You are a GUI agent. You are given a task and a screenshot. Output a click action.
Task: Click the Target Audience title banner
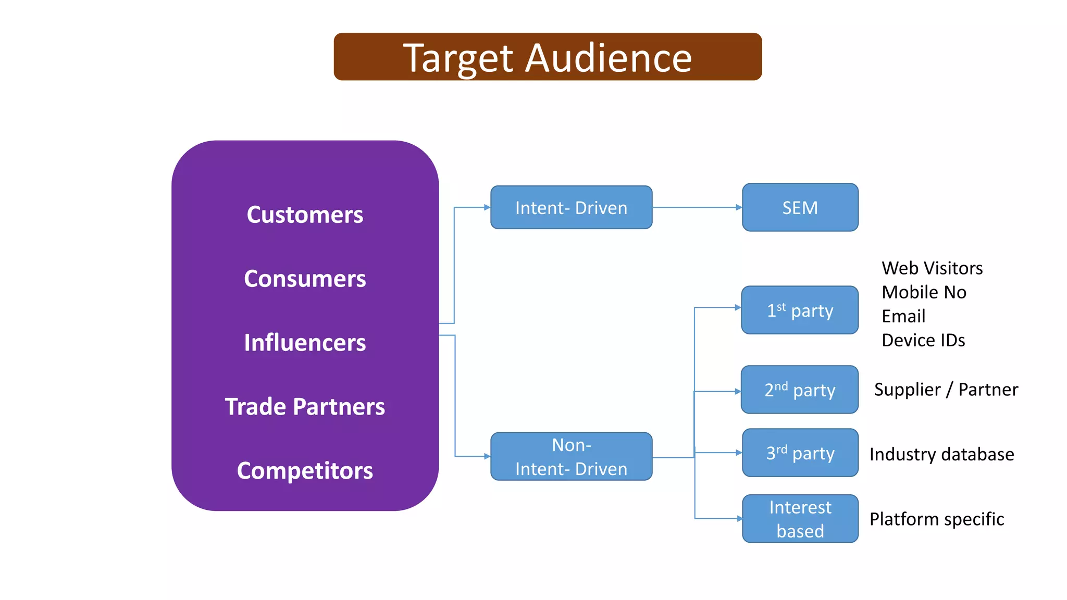pos(548,57)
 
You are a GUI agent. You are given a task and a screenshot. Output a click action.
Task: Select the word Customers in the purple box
pos(305,215)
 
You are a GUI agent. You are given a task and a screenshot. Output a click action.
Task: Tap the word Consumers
pos(305,279)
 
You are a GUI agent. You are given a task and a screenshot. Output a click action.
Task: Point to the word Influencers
pos(305,343)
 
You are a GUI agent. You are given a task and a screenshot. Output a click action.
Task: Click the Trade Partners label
pos(305,407)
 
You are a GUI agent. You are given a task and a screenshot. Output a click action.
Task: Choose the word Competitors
pos(305,471)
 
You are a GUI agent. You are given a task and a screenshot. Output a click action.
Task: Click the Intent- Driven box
pos(571,207)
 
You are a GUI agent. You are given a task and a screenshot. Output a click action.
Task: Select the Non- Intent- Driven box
pos(571,456)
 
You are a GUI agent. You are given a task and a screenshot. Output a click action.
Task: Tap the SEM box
pos(800,207)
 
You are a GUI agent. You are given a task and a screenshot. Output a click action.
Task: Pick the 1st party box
pos(800,310)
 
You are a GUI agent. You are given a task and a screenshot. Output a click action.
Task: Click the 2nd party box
pos(800,390)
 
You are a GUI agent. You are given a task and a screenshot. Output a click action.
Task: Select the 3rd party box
pos(800,453)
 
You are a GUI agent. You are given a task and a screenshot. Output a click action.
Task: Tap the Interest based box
pos(800,519)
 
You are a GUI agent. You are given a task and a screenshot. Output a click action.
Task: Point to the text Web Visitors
pos(932,268)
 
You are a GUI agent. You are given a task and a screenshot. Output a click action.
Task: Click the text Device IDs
pos(923,340)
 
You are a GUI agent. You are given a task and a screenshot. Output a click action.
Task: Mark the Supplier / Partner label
pos(946,390)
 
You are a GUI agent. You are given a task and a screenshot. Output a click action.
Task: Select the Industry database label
pos(941,454)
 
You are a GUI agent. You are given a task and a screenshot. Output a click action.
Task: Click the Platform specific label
pos(936,519)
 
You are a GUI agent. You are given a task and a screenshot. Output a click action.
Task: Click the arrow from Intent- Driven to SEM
pos(697,207)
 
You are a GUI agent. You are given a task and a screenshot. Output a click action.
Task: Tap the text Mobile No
pos(924,292)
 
